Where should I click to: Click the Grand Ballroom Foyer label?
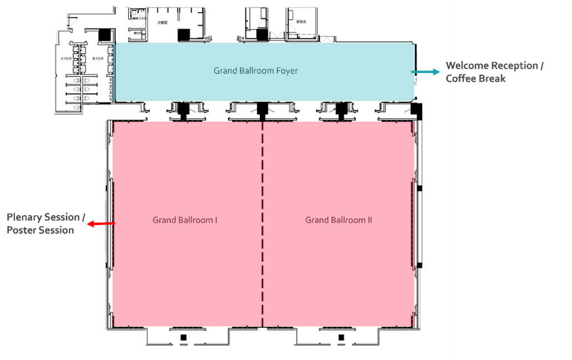(x=256, y=70)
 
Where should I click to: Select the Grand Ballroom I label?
(x=185, y=220)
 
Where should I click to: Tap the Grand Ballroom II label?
(x=338, y=220)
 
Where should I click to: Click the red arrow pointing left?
(x=102, y=224)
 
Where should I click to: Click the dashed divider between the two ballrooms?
(x=262, y=222)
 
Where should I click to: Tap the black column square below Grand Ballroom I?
(x=183, y=337)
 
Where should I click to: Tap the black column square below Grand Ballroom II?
(x=341, y=337)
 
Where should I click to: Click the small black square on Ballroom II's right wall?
(x=419, y=189)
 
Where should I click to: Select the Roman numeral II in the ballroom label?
(x=369, y=220)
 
